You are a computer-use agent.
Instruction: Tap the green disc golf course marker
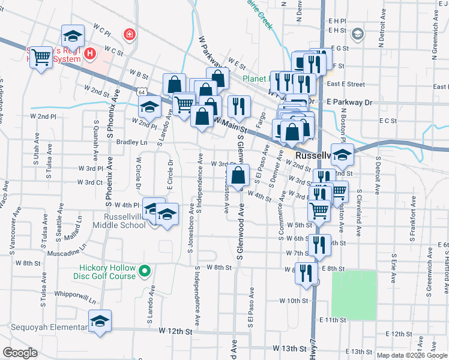click(144, 272)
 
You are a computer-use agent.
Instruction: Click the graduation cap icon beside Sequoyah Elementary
click(100, 320)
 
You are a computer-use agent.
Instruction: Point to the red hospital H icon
click(90, 54)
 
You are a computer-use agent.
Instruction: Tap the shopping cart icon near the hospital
click(41, 57)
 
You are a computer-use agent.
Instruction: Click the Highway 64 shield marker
click(140, 92)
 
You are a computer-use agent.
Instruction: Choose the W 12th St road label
click(175, 331)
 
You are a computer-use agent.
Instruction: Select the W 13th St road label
click(289, 348)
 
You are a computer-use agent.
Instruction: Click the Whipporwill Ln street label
click(74, 298)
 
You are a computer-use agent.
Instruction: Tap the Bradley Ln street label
click(131, 142)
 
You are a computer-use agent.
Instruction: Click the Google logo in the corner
click(20, 353)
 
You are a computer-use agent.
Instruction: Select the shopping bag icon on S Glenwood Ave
click(238, 176)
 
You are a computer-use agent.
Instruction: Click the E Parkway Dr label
click(349, 103)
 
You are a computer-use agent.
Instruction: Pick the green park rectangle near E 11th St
click(354, 295)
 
